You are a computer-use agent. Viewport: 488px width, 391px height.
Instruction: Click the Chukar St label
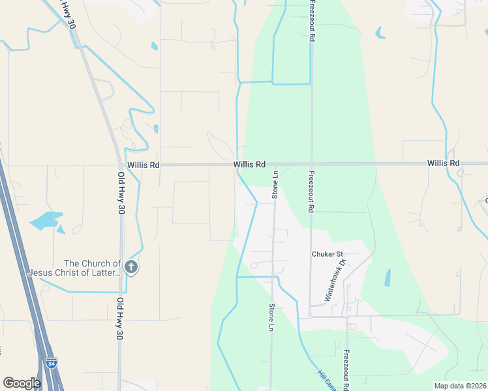tap(327, 253)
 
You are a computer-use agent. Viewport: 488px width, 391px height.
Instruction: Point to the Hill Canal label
tap(326, 381)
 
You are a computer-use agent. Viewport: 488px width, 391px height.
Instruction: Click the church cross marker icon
tap(131, 267)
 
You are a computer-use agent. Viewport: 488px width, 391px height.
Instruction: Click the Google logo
tap(22, 383)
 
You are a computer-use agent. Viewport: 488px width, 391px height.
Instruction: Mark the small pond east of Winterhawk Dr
tap(388, 278)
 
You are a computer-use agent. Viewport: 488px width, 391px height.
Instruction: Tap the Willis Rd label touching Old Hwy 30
tap(144, 165)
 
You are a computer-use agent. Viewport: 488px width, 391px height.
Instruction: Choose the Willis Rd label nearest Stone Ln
tap(250, 165)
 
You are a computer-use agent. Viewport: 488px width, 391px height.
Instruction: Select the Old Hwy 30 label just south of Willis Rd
tap(121, 194)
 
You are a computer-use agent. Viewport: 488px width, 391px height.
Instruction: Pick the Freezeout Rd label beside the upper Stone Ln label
tap(312, 192)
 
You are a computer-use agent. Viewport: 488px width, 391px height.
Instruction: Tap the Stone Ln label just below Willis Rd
tap(275, 184)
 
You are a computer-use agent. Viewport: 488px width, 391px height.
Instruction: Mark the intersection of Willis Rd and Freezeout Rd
tap(312, 164)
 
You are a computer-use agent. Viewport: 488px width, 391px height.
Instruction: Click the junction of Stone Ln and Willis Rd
tap(274, 164)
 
